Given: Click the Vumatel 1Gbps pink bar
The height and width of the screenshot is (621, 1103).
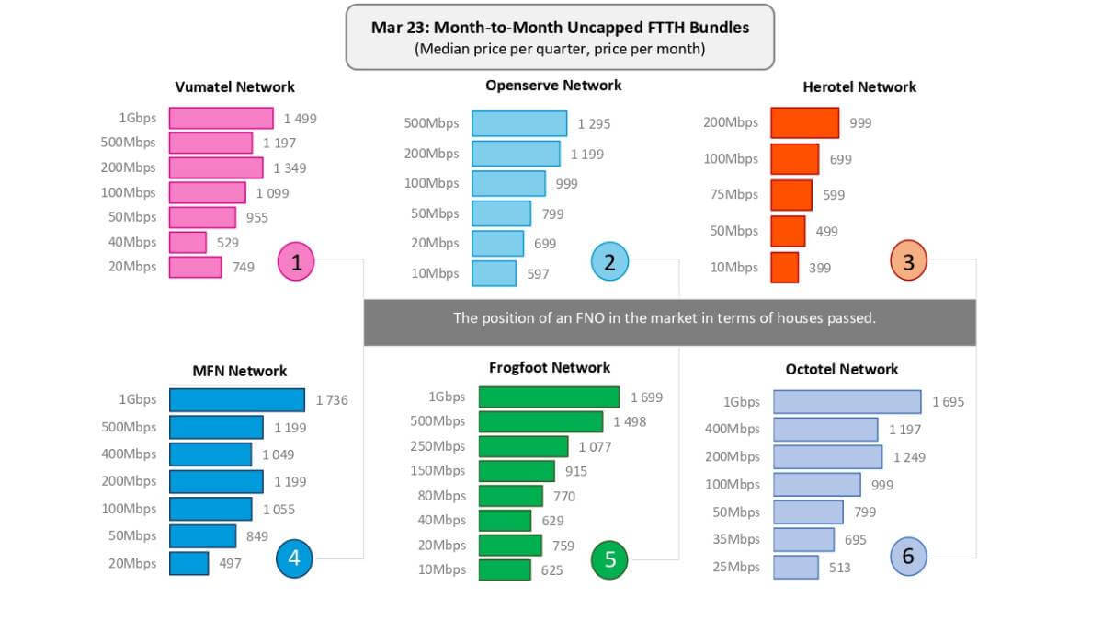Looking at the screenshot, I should (222, 118).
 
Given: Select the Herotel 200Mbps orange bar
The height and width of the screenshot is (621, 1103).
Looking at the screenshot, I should (804, 122).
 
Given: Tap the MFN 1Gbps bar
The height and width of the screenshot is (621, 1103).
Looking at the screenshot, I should (237, 399).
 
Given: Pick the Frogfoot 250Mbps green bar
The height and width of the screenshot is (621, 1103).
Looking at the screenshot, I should (523, 446).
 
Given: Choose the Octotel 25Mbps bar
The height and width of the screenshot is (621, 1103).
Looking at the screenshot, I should (796, 567).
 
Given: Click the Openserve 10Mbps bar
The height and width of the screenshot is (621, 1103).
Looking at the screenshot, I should (495, 273).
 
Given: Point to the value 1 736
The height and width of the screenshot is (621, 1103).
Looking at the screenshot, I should (332, 400).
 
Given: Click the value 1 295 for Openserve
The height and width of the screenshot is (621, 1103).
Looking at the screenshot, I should (594, 123).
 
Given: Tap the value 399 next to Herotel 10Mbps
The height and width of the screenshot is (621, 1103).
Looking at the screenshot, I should (820, 268).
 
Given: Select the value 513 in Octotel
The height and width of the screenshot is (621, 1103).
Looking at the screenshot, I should (839, 568).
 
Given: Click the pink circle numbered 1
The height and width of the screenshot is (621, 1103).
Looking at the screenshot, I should (296, 263).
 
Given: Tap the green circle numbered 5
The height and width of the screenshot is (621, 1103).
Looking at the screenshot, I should (609, 558).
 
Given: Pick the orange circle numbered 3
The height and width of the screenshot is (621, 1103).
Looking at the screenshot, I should (908, 262).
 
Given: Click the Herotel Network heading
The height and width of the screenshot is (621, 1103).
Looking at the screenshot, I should (859, 86).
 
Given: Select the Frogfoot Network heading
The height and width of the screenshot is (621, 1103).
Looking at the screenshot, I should (550, 367).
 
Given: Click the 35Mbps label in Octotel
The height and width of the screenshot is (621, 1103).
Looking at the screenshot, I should (736, 539).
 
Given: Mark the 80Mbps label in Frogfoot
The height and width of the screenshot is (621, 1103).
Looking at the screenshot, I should (441, 496).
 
